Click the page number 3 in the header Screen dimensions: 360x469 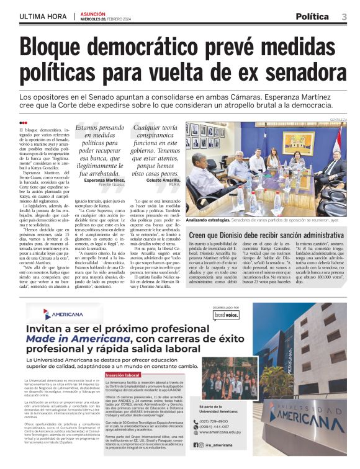point(344,17)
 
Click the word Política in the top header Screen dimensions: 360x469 point(312,17)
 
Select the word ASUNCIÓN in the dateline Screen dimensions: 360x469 point(94,13)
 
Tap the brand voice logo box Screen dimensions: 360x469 point(226,315)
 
